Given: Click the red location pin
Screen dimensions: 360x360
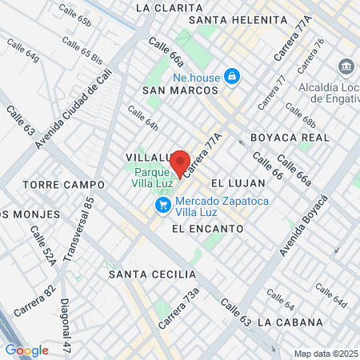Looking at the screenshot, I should tap(181, 163).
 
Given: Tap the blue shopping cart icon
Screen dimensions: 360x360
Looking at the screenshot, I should tap(163, 206).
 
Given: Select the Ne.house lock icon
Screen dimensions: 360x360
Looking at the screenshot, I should tap(232, 77).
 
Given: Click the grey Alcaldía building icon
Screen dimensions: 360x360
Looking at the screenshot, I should tap(347, 66).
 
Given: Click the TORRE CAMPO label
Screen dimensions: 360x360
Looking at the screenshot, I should tap(53, 185).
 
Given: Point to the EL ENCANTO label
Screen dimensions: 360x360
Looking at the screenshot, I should tap(207, 228).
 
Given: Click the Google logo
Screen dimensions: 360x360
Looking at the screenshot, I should tap(26, 350).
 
